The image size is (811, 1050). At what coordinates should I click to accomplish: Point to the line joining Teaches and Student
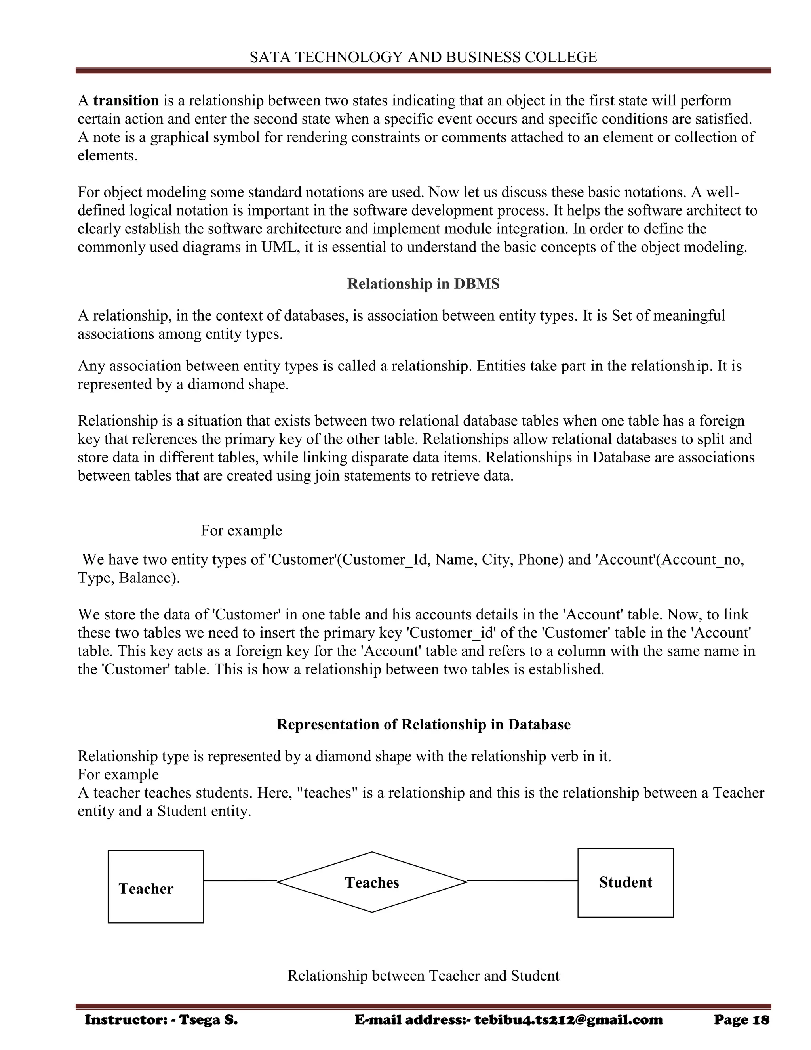[x=522, y=881]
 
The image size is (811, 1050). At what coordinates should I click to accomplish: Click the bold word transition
[x=126, y=101]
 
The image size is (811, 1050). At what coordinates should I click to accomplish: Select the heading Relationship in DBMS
[x=423, y=284]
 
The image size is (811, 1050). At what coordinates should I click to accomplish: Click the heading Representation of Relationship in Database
[x=423, y=725]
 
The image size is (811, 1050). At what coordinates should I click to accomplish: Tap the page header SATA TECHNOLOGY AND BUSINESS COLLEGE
[x=423, y=57]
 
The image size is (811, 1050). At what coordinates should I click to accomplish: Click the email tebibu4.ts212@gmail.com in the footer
[x=568, y=1020]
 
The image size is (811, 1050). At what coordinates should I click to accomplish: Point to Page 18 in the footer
[x=741, y=1020]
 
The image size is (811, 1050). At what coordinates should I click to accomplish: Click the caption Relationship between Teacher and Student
[x=423, y=976]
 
